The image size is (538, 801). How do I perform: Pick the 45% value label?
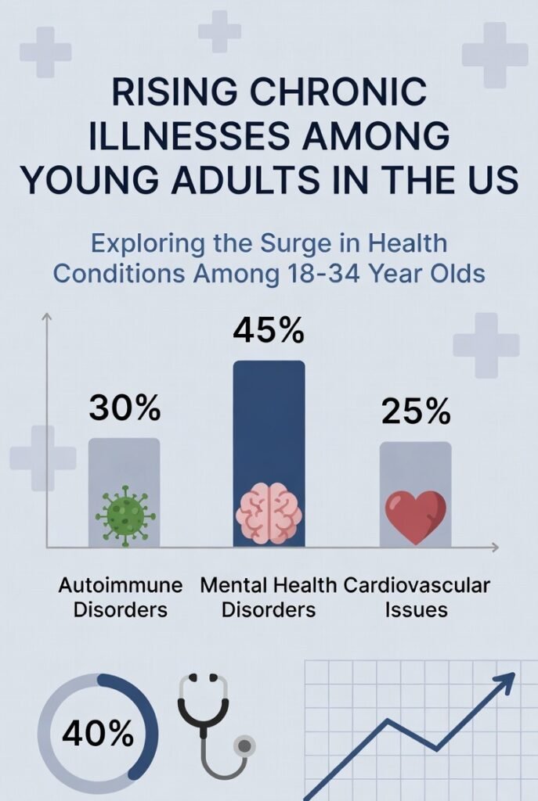[x=268, y=332]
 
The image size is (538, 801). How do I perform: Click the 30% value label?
[x=125, y=408]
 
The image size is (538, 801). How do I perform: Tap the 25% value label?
[x=416, y=412]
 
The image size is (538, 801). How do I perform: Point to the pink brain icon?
[x=268, y=515]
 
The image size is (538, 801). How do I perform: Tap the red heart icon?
[x=415, y=516]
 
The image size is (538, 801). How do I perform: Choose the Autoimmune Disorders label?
[x=121, y=598]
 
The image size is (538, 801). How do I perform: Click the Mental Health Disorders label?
[x=268, y=598]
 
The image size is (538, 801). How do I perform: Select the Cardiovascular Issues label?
[x=416, y=598]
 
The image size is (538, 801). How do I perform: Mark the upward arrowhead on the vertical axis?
[x=46, y=317]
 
